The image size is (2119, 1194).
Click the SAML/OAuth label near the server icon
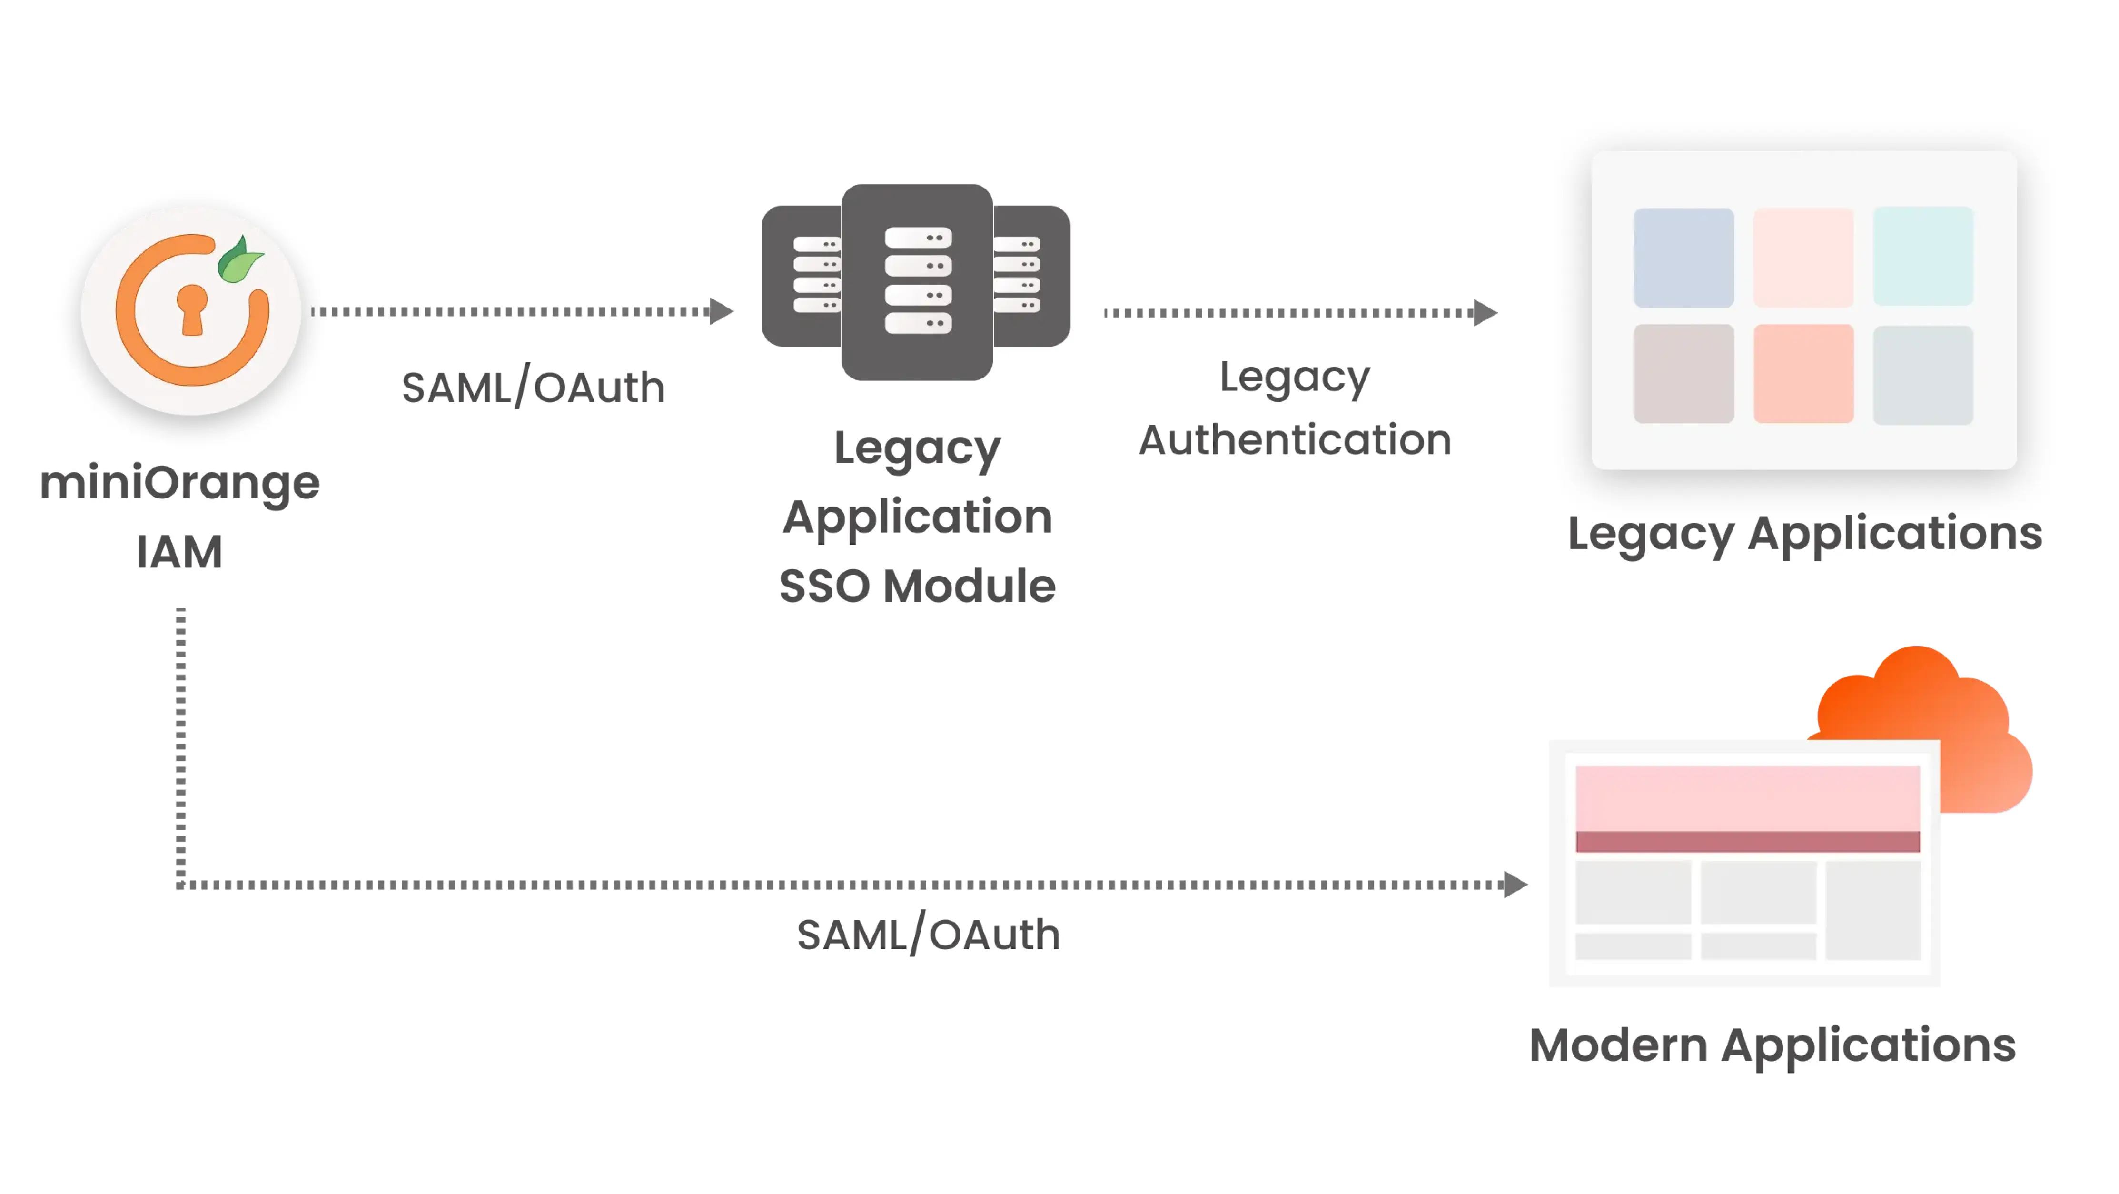coord(533,388)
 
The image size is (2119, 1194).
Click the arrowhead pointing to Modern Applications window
coord(1515,885)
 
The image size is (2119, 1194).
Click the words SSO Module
coord(917,586)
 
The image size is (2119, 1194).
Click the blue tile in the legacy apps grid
coord(1683,258)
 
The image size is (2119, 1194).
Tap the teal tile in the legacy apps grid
coord(1922,257)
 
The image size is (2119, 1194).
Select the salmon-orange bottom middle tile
coord(1803,374)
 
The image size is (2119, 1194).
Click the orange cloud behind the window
coord(1933,707)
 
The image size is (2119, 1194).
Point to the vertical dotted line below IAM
coord(181,741)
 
